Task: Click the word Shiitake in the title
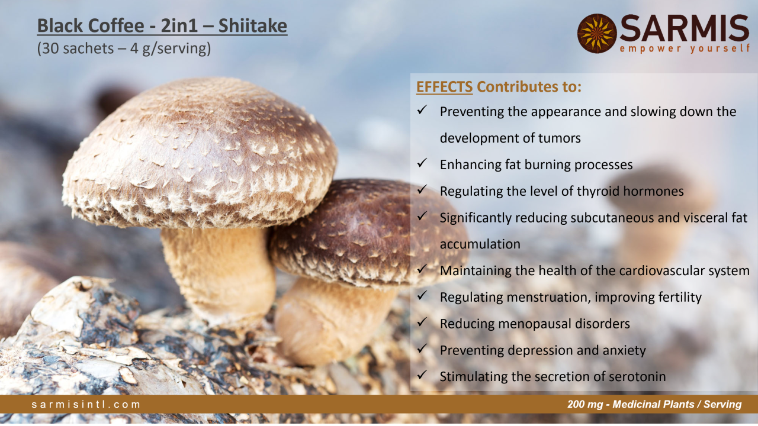tap(252, 25)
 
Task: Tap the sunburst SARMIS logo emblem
tap(597, 33)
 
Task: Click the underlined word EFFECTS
tap(444, 87)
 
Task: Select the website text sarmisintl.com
tap(86, 404)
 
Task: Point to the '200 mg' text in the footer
tap(585, 404)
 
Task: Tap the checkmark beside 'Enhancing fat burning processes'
tap(422, 163)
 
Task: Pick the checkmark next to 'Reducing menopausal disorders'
tap(422, 322)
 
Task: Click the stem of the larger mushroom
tap(219, 270)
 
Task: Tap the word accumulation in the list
tap(480, 244)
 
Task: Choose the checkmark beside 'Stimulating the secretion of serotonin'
tap(422, 375)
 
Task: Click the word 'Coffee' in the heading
tap(117, 25)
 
